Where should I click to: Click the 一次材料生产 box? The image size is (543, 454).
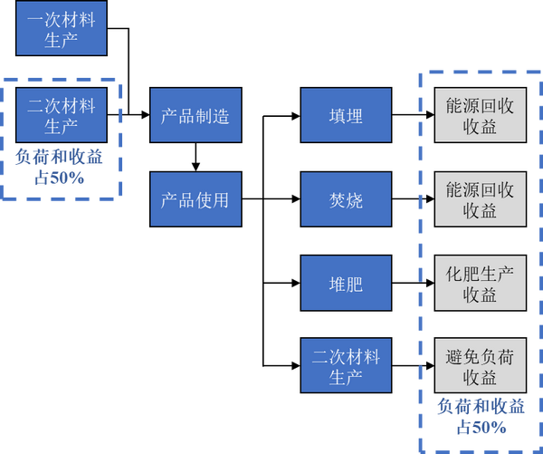pos(61,29)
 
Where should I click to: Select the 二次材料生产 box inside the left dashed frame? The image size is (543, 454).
pos(61,115)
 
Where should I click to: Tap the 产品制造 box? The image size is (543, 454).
pos(195,116)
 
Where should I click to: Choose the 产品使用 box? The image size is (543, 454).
pos(195,199)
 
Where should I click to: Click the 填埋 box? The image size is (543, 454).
pos(346,116)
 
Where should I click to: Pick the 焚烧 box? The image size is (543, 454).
pos(346,199)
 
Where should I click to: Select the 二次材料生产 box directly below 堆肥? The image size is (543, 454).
pos(346,366)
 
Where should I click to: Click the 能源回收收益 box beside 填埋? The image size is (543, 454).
pos(480,116)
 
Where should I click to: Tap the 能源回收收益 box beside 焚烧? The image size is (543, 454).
pos(480,199)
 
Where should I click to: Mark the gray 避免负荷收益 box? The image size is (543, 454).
pos(480,366)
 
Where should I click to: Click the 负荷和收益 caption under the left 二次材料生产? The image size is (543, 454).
pos(59,158)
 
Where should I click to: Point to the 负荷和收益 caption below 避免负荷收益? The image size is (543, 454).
pos(481,407)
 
